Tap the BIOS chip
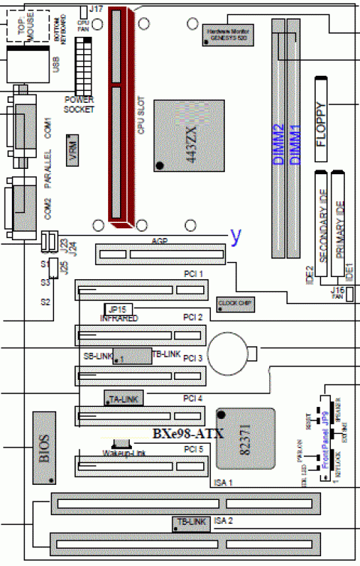click(43, 448)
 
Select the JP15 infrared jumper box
click(117, 309)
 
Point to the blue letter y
click(236, 236)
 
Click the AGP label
click(159, 241)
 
